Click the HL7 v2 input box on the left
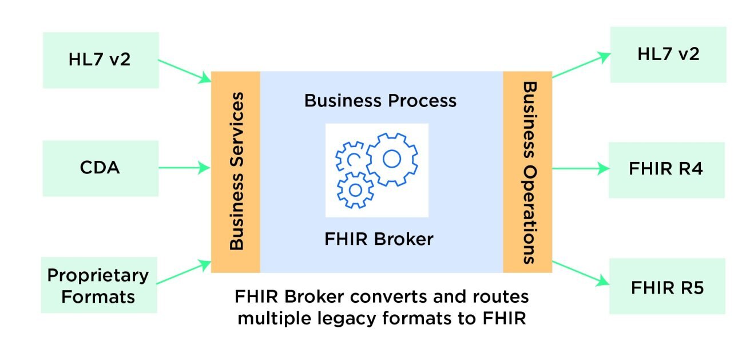coord(101,60)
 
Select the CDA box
coord(100,168)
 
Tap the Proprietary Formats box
coord(98,285)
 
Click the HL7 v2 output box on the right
coord(668,54)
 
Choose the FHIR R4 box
coord(666,169)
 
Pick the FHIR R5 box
coord(667,287)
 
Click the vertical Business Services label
coord(236,172)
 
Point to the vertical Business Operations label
coord(530,172)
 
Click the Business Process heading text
coord(380,101)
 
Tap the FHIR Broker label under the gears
coord(379,239)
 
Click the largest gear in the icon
coord(391,159)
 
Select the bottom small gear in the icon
coord(355,189)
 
